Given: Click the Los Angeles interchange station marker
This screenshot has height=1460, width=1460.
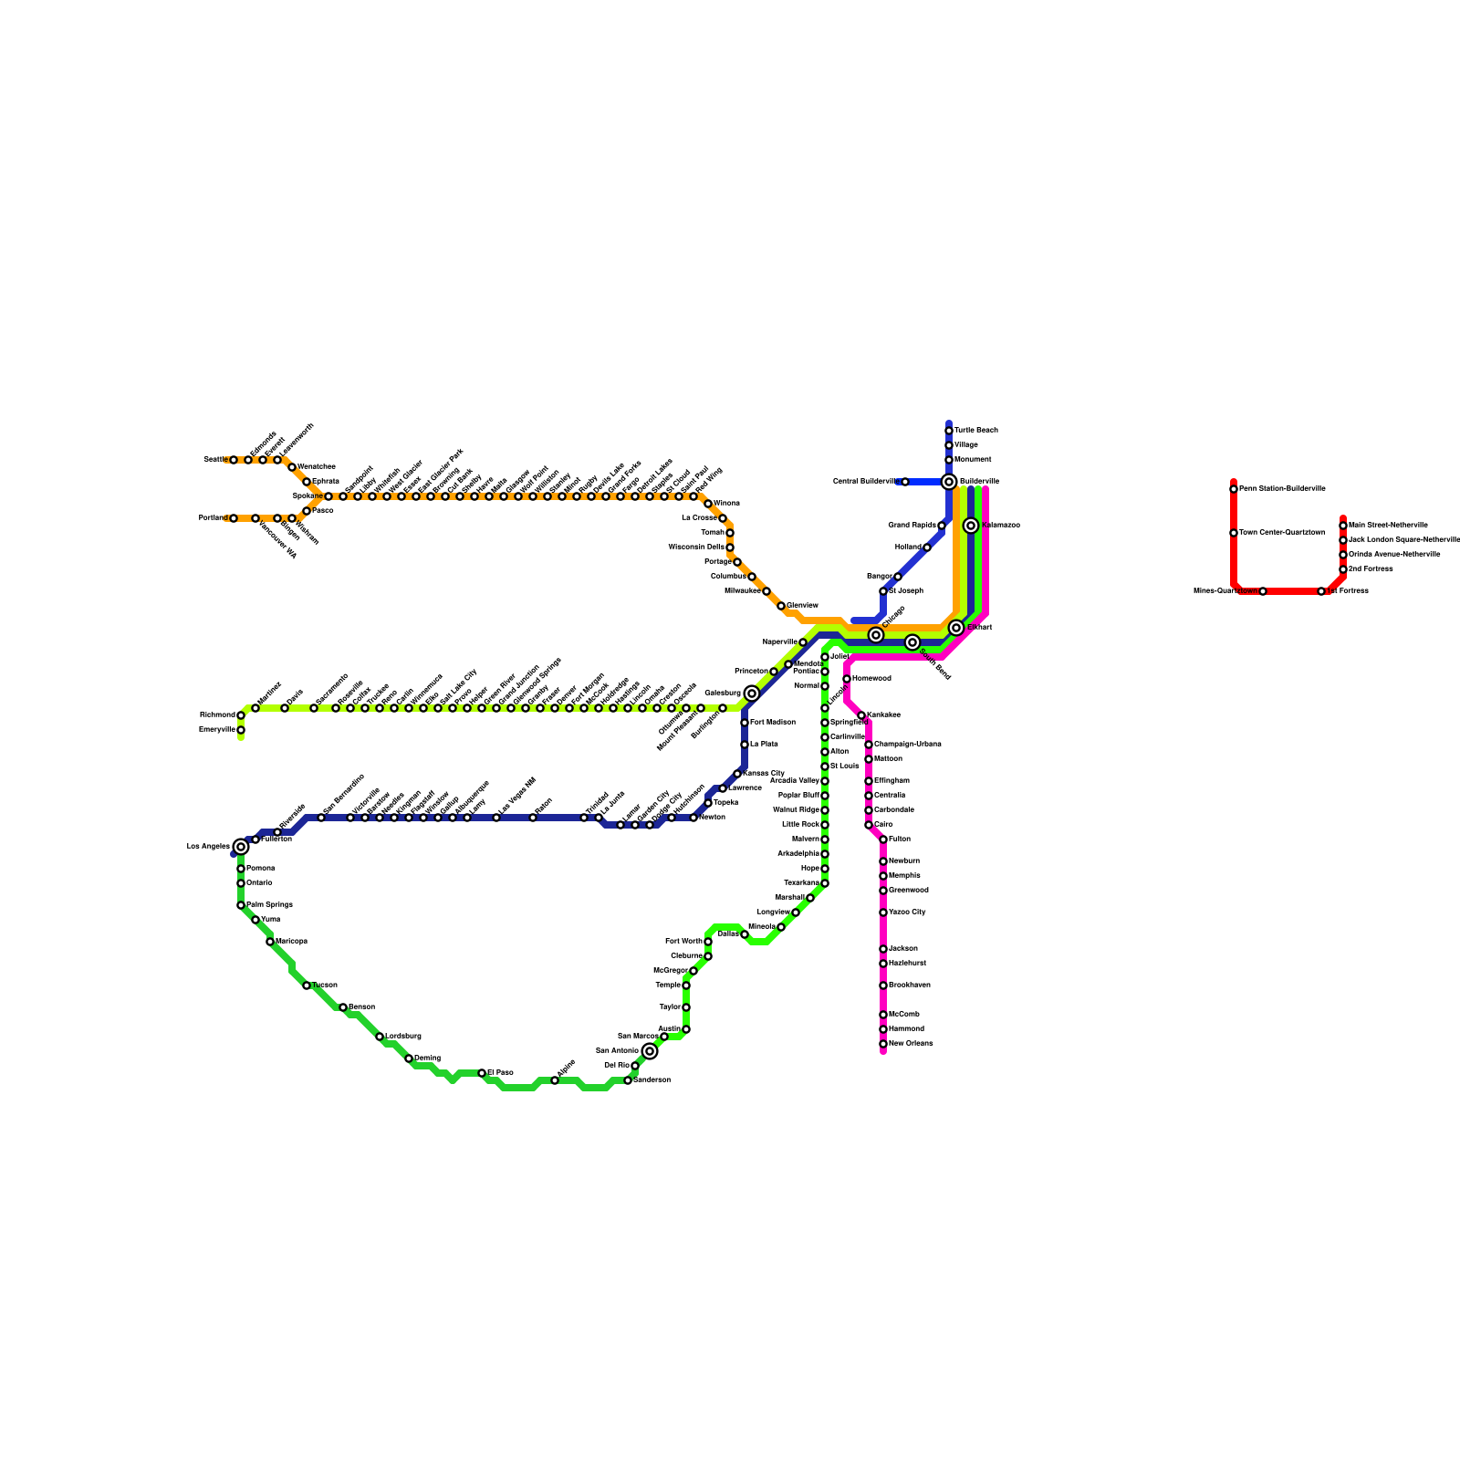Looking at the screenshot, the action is (241, 847).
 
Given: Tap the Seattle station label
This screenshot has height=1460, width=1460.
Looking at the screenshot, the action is (215, 460).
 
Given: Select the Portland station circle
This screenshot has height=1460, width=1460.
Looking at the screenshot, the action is (234, 518).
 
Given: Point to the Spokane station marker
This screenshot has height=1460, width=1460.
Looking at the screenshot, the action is (328, 496).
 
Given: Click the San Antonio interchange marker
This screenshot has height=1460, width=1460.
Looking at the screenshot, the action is (650, 1051).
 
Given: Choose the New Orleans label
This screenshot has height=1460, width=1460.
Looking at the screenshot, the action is (911, 1044).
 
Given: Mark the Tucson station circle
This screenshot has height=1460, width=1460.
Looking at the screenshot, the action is (307, 985).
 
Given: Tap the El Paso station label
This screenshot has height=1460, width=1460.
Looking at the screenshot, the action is (500, 1073).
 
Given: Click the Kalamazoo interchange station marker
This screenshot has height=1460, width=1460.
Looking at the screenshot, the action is (971, 526).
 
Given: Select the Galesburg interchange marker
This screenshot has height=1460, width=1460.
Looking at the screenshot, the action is (752, 693).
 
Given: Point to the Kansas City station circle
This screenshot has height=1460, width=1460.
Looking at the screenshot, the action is (737, 774).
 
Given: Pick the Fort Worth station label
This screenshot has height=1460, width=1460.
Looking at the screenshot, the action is (683, 942).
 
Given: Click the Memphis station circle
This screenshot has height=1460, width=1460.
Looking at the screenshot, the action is (883, 876).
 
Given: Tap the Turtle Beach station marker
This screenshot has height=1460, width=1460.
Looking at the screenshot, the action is (949, 431).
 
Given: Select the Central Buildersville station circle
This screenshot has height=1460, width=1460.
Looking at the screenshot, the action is (905, 482).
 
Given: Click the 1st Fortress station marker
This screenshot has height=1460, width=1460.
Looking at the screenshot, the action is (1321, 591).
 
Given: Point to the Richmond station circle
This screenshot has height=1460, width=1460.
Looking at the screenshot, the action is (241, 715).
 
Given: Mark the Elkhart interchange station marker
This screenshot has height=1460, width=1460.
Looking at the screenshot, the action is (956, 628).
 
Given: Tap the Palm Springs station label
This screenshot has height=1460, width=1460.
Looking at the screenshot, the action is (269, 905).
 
